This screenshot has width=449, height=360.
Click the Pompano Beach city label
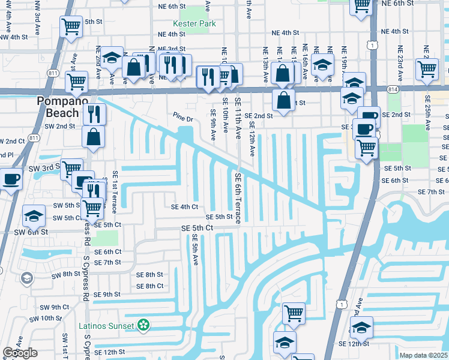pos(58,106)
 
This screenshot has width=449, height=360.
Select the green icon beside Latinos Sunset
pos(143,326)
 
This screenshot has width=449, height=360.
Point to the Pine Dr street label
pos(182,119)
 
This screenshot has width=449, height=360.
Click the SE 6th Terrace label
pos(238,199)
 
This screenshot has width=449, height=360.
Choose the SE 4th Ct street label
pos(184,207)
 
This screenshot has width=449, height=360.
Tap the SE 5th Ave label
pos(196,251)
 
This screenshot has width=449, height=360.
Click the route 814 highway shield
pos(392,88)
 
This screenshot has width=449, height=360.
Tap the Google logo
pos(20,353)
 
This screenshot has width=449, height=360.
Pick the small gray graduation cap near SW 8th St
pos(26,277)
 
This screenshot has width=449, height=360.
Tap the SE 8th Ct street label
pos(150,286)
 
